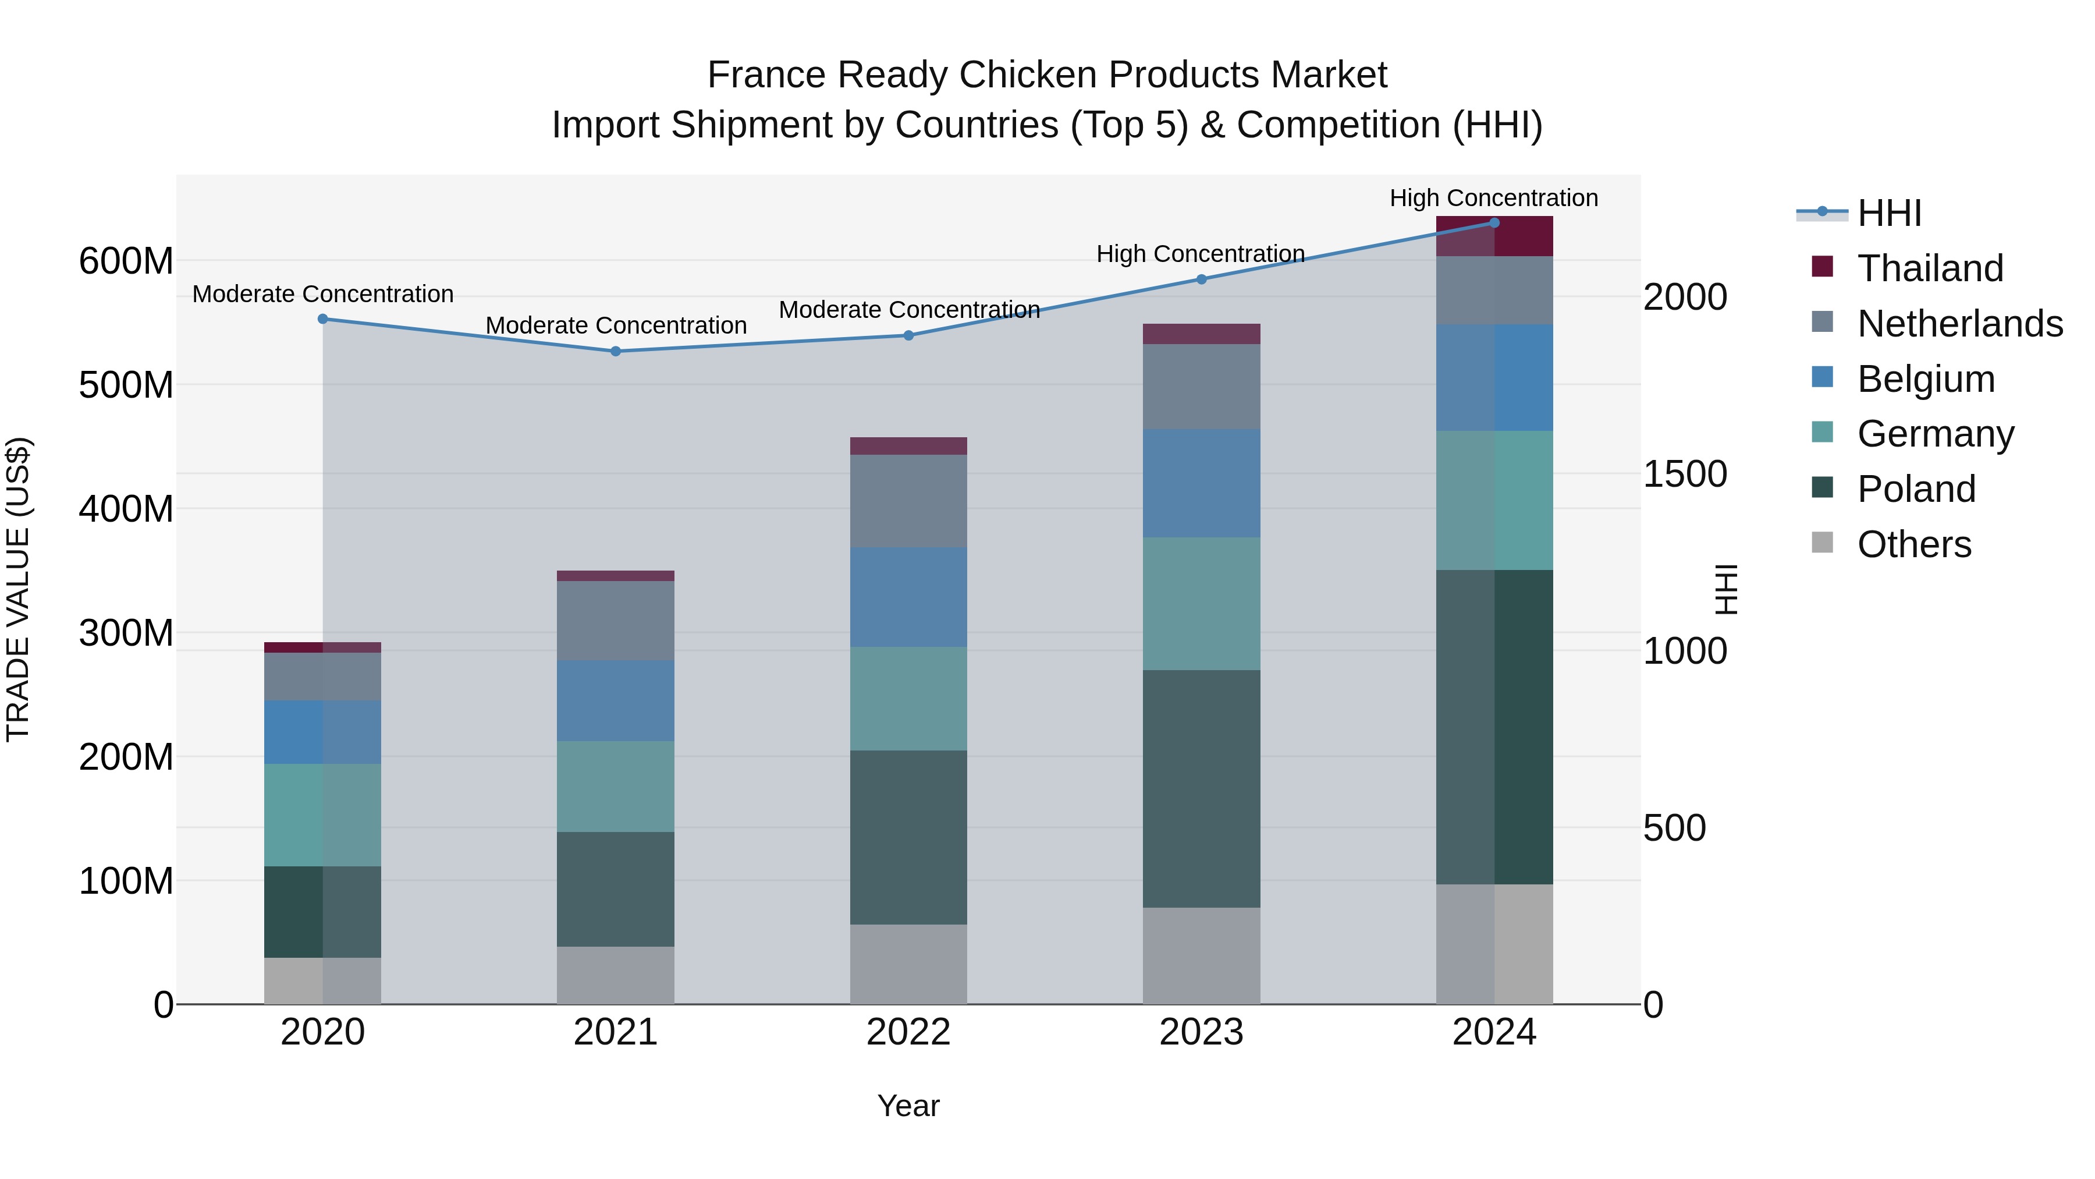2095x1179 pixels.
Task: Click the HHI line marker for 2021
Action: (616, 352)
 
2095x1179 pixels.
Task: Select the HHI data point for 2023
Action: (1201, 279)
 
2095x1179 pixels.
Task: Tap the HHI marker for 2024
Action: (1494, 223)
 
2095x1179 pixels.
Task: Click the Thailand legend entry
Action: (1929, 268)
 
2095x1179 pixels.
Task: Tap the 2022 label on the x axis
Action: (908, 1032)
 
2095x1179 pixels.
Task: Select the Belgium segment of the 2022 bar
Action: (908, 597)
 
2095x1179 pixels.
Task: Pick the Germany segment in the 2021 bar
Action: (616, 786)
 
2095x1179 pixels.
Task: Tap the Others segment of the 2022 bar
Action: (908, 964)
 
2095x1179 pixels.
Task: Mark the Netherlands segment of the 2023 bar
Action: (1201, 387)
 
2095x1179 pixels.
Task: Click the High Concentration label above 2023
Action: (1201, 254)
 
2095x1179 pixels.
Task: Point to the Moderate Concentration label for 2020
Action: (323, 294)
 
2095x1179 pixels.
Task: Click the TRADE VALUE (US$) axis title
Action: (18, 589)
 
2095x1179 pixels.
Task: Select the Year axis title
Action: (908, 1106)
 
